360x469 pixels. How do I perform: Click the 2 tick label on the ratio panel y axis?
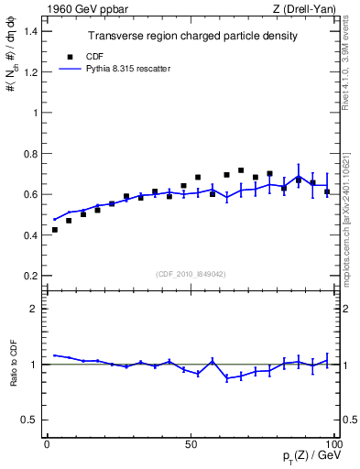(34, 309)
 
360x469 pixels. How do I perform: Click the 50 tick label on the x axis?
(191, 444)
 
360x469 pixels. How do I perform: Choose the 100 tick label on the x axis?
(333, 444)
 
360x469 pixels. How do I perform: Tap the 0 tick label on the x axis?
(48, 444)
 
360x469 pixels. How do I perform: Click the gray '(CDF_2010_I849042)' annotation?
(191, 272)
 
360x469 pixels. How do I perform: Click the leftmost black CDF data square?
(55, 230)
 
